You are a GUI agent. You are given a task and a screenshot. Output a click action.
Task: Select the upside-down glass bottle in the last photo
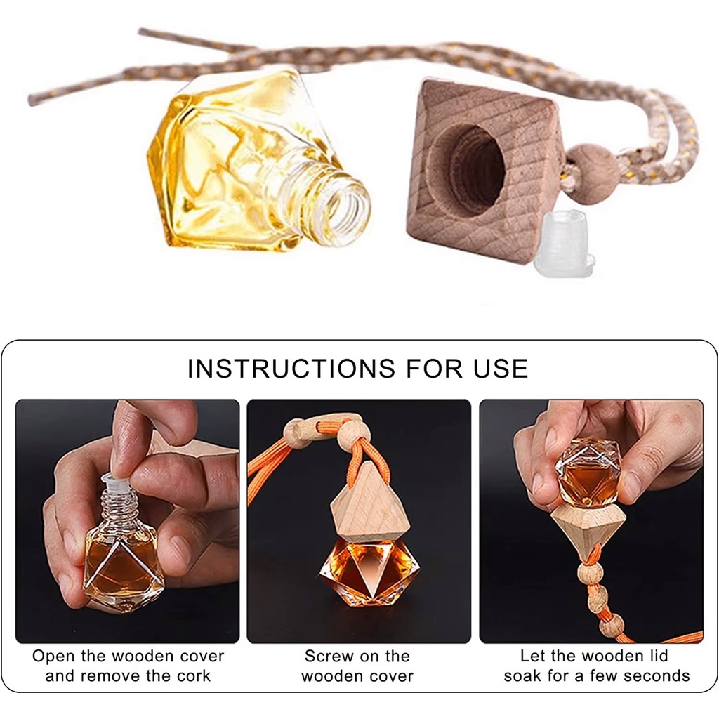pyautogui.click(x=588, y=471)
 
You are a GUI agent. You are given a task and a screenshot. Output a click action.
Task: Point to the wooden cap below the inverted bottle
pyautogui.click(x=588, y=522)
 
